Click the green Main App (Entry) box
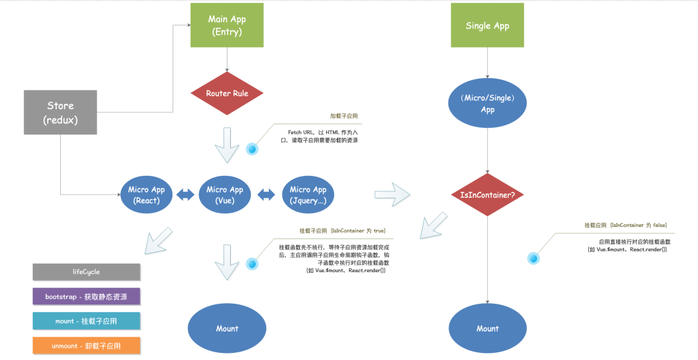pos(226,25)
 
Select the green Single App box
pos(487,26)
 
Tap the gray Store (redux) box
pos(60,112)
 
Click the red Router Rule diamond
pos(227,94)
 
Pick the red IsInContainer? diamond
pos(487,195)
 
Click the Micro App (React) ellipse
pos(147,195)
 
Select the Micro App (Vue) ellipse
pos(225,195)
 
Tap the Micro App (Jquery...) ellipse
pos(308,195)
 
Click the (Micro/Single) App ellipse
pos(487,104)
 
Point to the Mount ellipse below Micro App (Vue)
pos(227,328)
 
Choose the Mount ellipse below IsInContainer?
pos(487,328)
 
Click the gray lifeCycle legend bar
pos(86,272)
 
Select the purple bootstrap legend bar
pos(86,297)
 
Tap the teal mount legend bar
pos(86,321)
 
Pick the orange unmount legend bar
pos(86,346)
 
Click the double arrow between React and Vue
pos(186,195)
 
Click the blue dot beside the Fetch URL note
pos(252,149)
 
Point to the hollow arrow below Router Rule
pos(227,145)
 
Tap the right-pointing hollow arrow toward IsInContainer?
pos(392,193)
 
